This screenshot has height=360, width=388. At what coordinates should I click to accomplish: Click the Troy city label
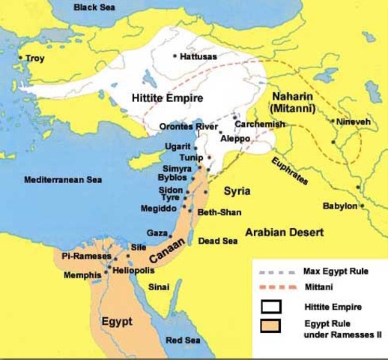(35, 58)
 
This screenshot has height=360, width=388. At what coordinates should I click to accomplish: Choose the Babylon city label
(338, 205)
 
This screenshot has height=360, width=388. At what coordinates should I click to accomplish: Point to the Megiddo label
(157, 208)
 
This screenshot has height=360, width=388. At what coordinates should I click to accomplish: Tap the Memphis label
(82, 275)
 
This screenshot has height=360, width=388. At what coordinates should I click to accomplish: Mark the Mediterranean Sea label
(63, 180)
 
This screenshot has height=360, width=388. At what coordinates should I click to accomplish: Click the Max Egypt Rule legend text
(333, 270)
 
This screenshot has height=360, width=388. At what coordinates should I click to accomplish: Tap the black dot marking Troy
(21, 58)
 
